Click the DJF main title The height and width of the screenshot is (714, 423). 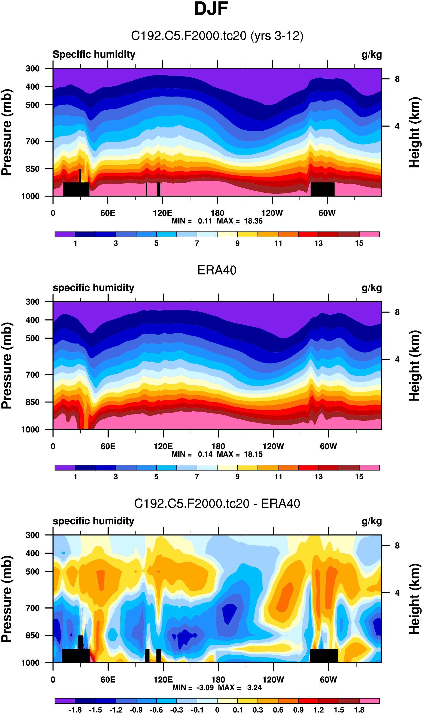(211, 9)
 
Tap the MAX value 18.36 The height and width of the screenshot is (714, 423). (253, 221)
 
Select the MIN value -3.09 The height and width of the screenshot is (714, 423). (205, 688)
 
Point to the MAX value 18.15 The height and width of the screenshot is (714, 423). (253, 455)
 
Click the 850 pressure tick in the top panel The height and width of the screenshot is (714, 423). (32, 169)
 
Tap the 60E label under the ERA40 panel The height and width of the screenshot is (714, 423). (108, 446)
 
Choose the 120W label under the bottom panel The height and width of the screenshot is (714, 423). (273, 680)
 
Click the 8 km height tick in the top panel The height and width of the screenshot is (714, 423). (397, 79)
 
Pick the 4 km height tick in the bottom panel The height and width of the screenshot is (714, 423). (397, 593)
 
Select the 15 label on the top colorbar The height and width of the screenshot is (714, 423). (359, 243)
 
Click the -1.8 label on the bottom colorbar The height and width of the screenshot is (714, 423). (75, 710)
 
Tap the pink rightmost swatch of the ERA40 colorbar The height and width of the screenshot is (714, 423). (369, 468)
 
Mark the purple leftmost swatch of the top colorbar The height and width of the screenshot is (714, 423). (65, 234)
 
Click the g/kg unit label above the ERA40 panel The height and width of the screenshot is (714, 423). (371, 288)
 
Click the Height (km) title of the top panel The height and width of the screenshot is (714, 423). (415, 132)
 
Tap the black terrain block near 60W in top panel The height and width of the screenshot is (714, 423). (322, 189)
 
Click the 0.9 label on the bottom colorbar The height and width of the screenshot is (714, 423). (298, 710)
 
